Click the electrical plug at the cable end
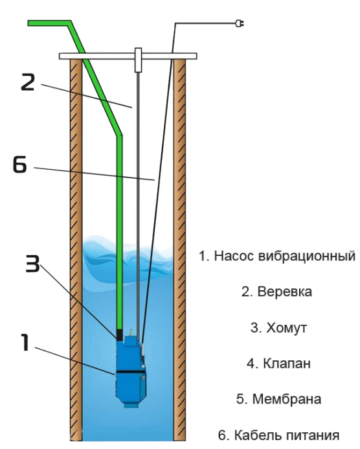[x=240, y=23]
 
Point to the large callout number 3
[x=32, y=264]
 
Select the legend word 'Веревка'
[x=285, y=292]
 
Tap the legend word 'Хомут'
[x=286, y=328]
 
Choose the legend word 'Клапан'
[x=286, y=363]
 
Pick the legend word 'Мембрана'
[x=287, y=399]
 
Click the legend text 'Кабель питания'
[x=287, y=435]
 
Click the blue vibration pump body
[x=131, y=373]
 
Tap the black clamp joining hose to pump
[x=120, y=334]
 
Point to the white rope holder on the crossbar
[x=138, y=60]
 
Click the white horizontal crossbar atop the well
[x=128, y=56]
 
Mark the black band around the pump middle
[x=130, y=373]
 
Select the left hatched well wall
[x=76, y=249]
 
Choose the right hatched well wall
[x=179, y=249]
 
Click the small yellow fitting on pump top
[x=131, y=332]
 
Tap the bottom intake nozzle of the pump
[x=130, y=405]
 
